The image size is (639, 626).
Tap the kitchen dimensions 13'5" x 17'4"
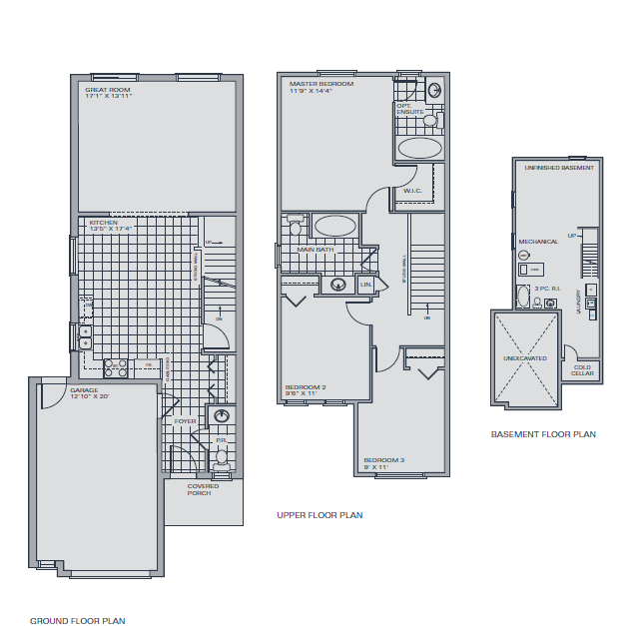[x=111, y=229]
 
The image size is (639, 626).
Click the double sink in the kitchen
[x=86, y=337]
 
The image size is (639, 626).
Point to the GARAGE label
[x=83, y=389]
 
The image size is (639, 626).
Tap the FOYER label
[x=186, y=421]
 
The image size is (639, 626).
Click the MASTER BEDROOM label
[x=321, y=84]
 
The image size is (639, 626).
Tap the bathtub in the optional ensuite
[x=419, y=149]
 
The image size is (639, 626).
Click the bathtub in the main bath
[x=334, y=225]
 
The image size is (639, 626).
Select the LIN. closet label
[x=365, y=286]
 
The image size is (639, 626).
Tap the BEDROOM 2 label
[x=306, y=386]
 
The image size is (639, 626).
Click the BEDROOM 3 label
[x=382, y=460]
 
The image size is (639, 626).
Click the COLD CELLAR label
[x=582, y=370]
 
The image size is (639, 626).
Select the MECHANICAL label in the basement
[x=538, y=242]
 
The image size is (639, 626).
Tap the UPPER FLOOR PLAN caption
[x=319, y=515]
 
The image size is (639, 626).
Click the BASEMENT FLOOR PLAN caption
[x=543, y=434]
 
